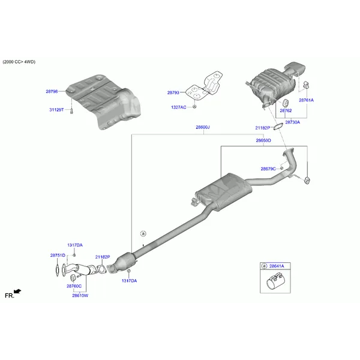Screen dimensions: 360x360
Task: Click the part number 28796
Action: click(x=52, y=92)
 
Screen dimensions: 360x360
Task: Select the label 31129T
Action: click(x=57, y=110)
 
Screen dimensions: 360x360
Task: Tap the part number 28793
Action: click(x=173, y=92)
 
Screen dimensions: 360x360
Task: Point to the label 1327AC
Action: click(x=178, y=107)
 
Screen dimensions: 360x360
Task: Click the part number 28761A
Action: click(x=306, y=100)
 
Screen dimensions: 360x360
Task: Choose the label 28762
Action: click(x=286, y=110)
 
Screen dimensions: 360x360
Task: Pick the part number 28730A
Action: click(x=292, y=122)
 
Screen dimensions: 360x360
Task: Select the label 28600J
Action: click(x=202, y=127)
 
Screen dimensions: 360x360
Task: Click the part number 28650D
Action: click(x=263, y=140)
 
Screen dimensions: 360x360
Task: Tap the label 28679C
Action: click(x=268, y=169)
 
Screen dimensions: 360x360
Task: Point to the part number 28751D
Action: click(x=58, y=255)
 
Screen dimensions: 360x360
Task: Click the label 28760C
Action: click(x=74, y=286)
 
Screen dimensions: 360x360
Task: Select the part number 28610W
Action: click(x=80, y=295)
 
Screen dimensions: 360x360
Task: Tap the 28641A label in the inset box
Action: click(x=276, y=265)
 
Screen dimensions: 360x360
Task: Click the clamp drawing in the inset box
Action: click(x=275, y=281)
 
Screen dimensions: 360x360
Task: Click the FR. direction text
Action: click(x=10, y=295)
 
